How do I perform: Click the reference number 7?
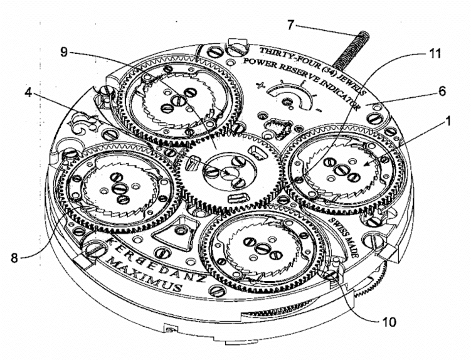point(290,24)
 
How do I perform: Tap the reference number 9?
point(64,52)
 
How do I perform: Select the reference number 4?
point(28,93)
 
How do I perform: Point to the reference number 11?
point(434,53)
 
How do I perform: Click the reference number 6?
point(442,91)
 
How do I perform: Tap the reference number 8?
point(14,258)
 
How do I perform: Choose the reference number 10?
point(389,322)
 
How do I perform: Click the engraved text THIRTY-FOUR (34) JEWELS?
point(312,68)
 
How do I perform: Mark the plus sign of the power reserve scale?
point(261,86)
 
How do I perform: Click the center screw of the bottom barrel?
point(261,248)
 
